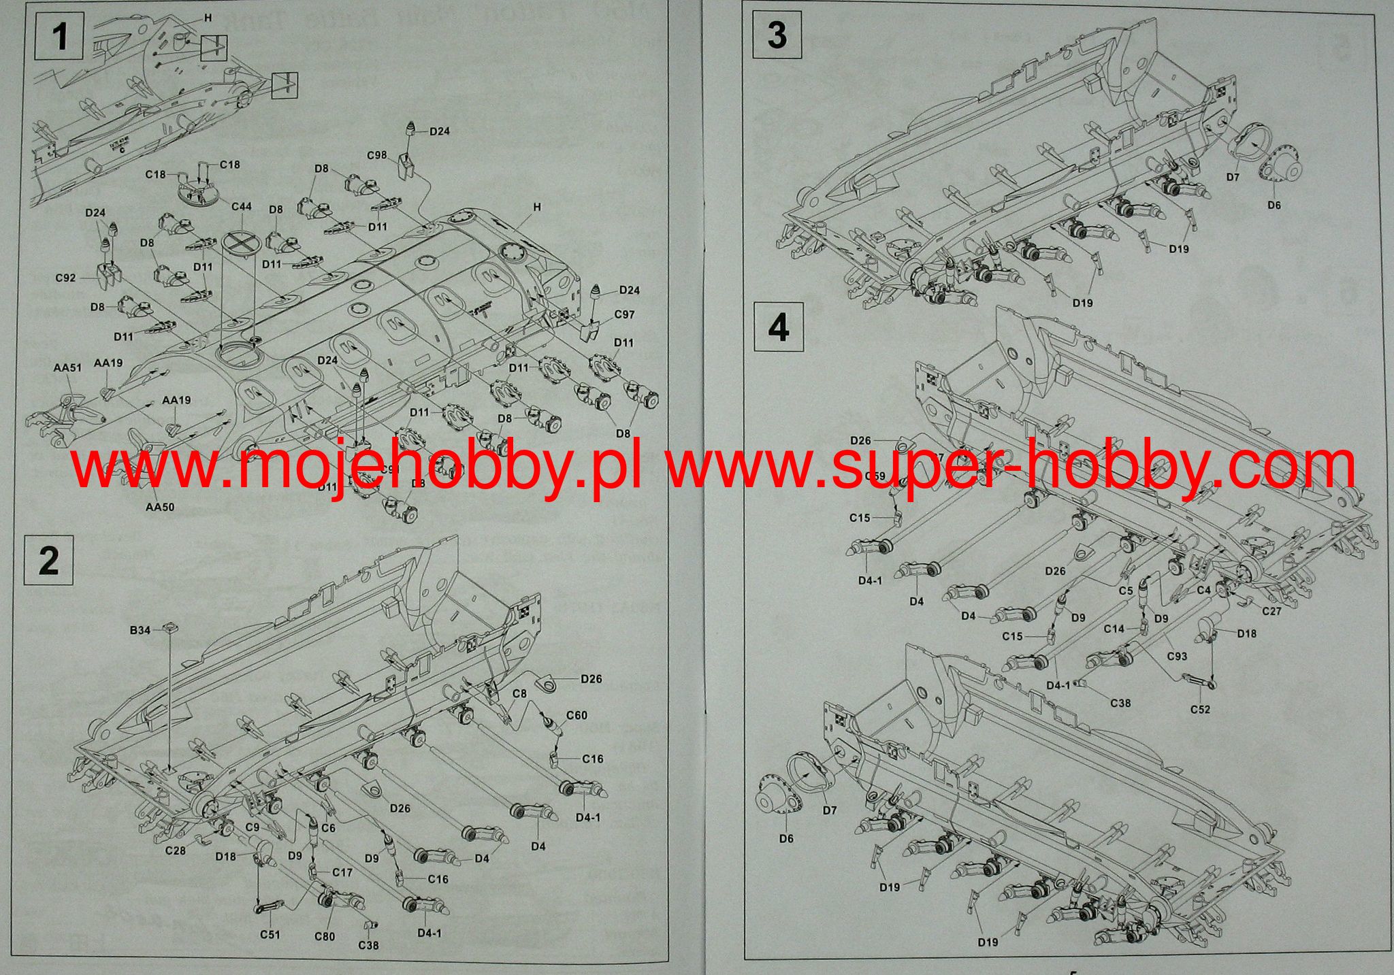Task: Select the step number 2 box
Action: (48, 561)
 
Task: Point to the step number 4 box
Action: (778, 328)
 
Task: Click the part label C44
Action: (241, 207)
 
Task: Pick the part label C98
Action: (376, 156)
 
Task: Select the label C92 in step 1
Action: (65, 278)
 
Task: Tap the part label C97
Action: (624, 314)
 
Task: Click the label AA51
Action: (67, 368)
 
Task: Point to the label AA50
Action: (160, 507)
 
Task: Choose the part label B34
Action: (140, 630)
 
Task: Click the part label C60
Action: (577, 715)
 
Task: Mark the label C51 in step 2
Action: (270, 934)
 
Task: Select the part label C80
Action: (325, 936)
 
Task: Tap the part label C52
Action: (1201, 709)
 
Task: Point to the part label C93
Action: (1177, 656)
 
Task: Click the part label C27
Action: (1271, 611)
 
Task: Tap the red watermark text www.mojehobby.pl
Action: (357, 466)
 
